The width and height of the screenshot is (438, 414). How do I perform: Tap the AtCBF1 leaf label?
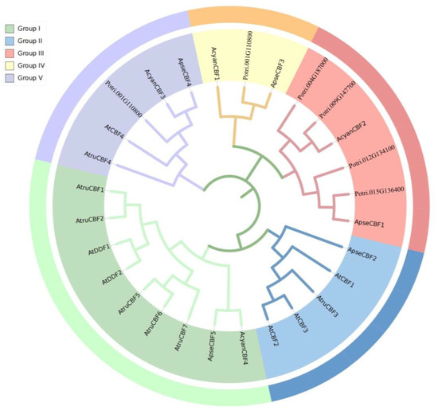point(344,279)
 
